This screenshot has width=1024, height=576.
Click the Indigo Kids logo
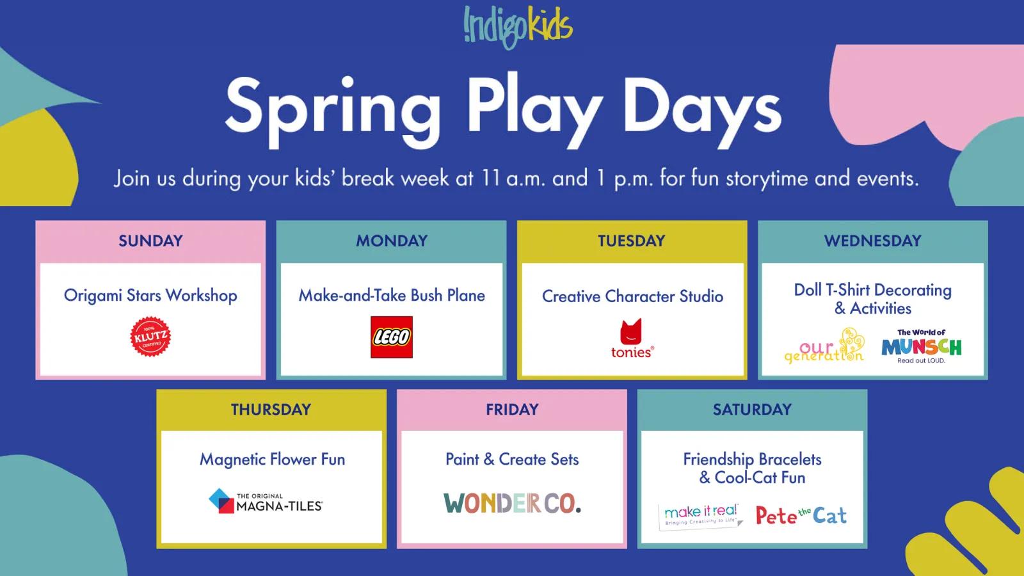click(x=518, y=27)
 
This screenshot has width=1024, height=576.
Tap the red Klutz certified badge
click(x=150, y=336)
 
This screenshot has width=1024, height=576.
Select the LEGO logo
click(x=392, y=337)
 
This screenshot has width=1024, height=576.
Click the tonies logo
click(x=632, y=339)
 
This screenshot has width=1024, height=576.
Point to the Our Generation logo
click(x=825, y=347)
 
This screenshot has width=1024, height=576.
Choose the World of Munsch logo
click(x=921, y=346)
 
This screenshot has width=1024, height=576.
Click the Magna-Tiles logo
click(x=266, y=502)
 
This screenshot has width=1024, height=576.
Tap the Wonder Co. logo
click(x=512, y=504)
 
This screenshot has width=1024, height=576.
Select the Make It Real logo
click(x=701, y=515)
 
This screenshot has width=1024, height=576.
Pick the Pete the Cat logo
click(x=801, y=515)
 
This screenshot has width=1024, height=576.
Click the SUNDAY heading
click(x=150, y=241)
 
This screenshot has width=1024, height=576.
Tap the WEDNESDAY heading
click(x=872, y=241)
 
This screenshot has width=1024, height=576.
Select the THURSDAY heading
click(x=271, y=410)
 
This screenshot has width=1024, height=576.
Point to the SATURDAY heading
click(x=752, y=410)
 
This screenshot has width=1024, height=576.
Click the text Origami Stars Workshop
click(x=150, y=296)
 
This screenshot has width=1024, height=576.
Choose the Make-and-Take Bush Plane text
click(x=392, y=296)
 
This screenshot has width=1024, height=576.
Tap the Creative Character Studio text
click(x=632, y=296)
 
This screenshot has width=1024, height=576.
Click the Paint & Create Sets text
click(x=512, y=460)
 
